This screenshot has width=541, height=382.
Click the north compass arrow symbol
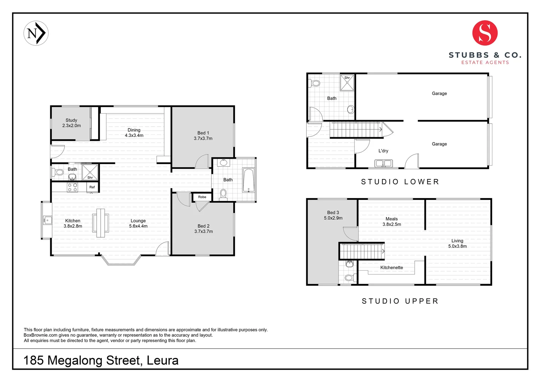(36, 33)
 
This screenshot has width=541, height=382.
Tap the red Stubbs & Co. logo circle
(485, 33)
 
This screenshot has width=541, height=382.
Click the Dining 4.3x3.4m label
(134, 133)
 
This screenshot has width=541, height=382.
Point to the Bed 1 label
(203, 135)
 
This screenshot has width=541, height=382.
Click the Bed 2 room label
(204, 228)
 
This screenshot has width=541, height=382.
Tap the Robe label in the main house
(202, 197)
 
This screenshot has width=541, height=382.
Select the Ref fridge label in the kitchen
(92, 187)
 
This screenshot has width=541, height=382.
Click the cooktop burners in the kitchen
(73, 187)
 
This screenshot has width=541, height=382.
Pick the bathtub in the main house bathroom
(249, 180)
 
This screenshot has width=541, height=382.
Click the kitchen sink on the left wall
(47, 220)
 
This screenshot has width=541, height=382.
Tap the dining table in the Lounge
(101, 223)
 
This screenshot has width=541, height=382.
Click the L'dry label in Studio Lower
(383, 151)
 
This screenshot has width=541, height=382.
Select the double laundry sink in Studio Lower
(383, 163)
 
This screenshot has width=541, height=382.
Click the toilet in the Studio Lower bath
(315, 83)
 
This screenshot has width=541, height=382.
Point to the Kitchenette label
(392, 267)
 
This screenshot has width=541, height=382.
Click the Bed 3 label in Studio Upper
(333, 215)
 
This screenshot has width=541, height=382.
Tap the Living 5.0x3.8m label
(457, 243)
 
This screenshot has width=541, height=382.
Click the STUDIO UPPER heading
(400, 301)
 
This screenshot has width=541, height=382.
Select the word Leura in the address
(163, 360)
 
